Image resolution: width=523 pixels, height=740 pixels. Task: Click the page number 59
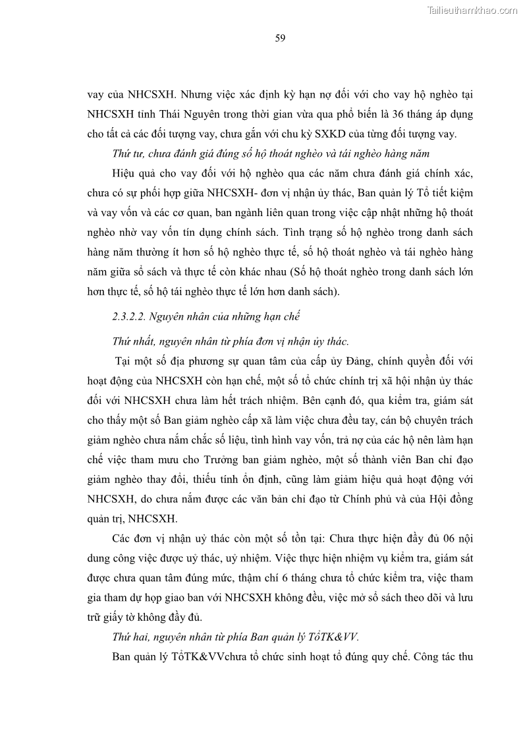pos(280,38)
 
